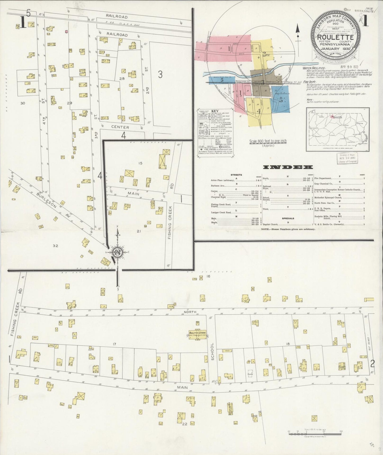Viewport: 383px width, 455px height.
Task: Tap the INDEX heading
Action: point(288,167)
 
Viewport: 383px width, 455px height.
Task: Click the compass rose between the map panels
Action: point(117,252)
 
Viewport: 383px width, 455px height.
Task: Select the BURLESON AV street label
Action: point(52,205)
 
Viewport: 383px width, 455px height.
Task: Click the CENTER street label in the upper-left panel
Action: point(120,127)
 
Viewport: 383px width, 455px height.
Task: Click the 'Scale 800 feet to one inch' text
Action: point(268,142)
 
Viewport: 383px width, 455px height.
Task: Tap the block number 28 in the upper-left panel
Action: point(122,79)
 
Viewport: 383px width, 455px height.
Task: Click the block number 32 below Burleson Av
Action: point(55,246)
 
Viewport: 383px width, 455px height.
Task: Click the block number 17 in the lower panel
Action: point(114,344)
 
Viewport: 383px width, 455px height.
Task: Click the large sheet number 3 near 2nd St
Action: point(160,75)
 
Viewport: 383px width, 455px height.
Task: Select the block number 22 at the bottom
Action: point(184,424)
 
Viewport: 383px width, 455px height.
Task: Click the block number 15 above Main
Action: point(140,163)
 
